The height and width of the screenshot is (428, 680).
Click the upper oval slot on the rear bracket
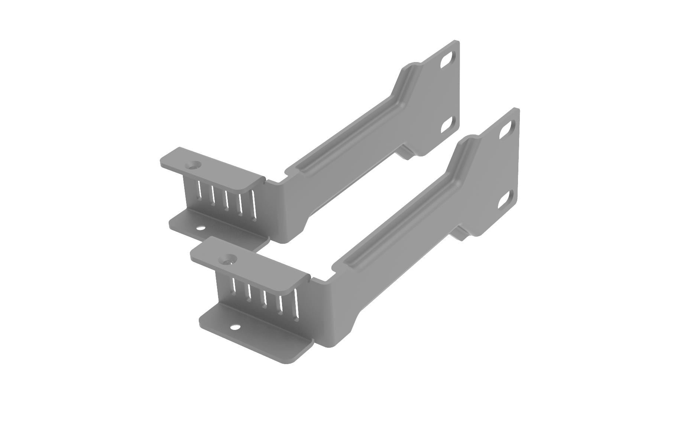tap(447, 60)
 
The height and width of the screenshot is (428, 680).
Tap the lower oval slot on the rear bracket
tap(447, 125)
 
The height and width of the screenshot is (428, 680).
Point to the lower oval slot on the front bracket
tap(505, 200)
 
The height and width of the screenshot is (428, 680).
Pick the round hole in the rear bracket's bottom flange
tap(200, 228)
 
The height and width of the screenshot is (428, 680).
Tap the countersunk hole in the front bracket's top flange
tap(228, 259)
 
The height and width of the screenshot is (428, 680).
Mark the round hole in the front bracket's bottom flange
tap(235, 327)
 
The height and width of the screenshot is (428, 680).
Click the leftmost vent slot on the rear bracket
tap(199, 189)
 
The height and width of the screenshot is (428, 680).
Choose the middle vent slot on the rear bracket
tap(226, 197)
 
